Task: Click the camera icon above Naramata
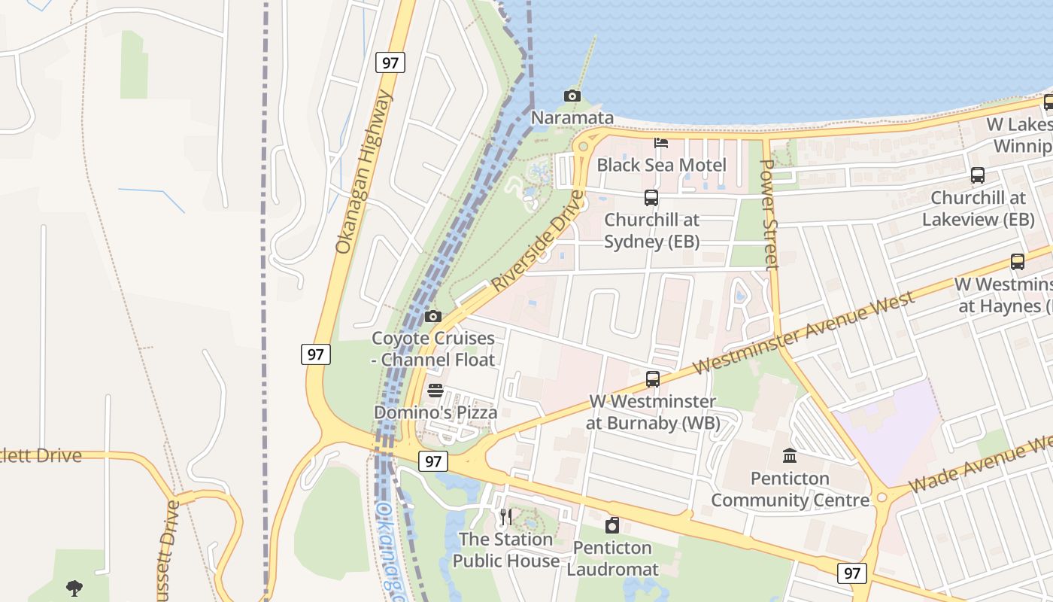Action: click(572, 96)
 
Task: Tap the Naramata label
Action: click(572, 118)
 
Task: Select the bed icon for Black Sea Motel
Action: click(661, 143)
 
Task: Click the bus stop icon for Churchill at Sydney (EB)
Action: click(651, 198)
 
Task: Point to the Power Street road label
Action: click(769, 214)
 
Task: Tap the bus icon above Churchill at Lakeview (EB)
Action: click(978, 175)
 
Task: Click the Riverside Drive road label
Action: click(538, 242)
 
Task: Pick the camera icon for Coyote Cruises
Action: click(432, 316)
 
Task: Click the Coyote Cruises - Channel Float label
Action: click(433, 349)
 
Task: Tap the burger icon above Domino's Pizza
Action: click(435, 391)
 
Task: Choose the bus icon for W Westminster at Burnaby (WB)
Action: click(653, 379)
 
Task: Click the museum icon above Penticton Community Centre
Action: click(790, 456)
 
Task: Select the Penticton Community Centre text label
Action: click(790, 489)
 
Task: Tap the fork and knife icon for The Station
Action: click(506, 517)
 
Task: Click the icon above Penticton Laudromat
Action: click(612, 525)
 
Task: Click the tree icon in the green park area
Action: click(74, 588)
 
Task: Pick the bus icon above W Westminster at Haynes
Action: click(1018, 262)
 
